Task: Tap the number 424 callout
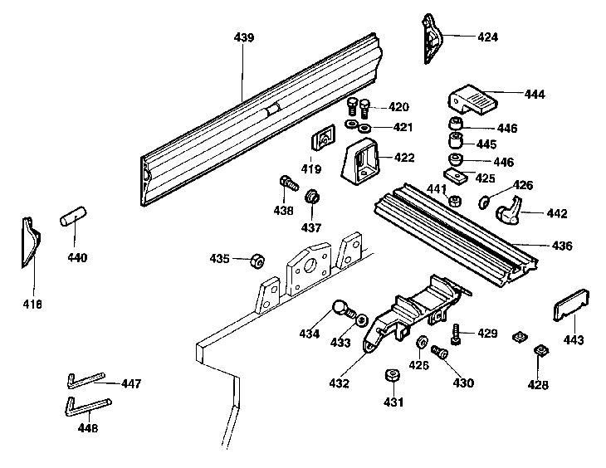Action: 488,37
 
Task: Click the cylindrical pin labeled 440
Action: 72,220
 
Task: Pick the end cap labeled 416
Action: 30,243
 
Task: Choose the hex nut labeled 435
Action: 257,261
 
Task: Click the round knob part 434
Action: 342,309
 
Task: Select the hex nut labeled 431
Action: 392,378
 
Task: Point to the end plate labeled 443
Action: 570,305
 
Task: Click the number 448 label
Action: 87,428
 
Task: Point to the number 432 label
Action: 339,384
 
